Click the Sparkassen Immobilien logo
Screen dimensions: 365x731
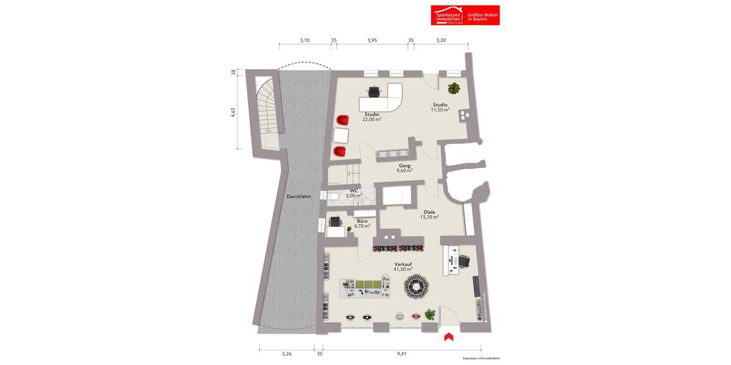tap(465, 15)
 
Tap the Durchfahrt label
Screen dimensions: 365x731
tap(298, 196)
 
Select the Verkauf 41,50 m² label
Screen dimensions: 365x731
tap(403, 266)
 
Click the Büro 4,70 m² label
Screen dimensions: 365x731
tap(362, 223)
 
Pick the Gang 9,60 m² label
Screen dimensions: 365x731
tap(404, 169)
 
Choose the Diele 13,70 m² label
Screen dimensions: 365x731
tap(429, 214)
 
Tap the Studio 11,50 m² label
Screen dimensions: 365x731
tap(440, 107)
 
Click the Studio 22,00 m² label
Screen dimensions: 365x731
tap(372, 117)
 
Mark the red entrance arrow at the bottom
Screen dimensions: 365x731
tap(449, 336)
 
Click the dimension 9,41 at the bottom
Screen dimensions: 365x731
tap(401, 353)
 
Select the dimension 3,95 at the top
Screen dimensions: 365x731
tap(372, 40)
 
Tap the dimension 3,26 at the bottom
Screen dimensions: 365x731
tap(287, 353)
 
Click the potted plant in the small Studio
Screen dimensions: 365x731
tap(454, 89)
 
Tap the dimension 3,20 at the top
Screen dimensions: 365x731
tap(441, 40)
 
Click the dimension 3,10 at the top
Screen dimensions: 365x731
tap(305, 40)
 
